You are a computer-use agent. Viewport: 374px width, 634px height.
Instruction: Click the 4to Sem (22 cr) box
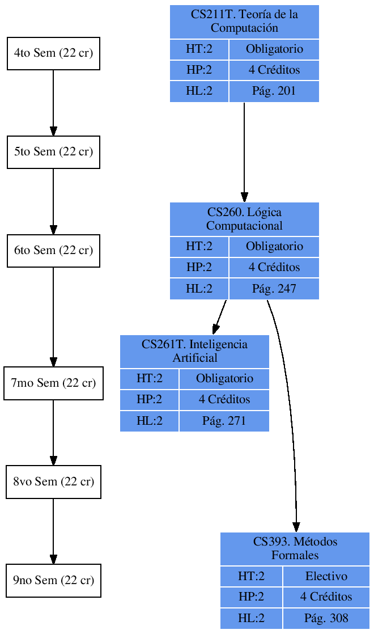tap(53, 53)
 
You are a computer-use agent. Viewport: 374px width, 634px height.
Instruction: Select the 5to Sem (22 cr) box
tap(53, 152)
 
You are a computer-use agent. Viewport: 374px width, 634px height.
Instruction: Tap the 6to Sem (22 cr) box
tap(53, 251)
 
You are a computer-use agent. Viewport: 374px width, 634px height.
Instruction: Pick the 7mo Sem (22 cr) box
tap(53, 383)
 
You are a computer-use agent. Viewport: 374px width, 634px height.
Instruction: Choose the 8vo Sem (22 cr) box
tap(53, 482)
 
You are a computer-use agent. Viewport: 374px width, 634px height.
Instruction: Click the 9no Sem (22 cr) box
tap(53, 581)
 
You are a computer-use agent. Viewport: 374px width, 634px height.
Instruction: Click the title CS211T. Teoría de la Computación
tap(244, 22)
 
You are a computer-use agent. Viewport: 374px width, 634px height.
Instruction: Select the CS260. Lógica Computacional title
tap(244, 219)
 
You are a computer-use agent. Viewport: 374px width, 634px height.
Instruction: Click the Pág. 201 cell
tap(274, 91)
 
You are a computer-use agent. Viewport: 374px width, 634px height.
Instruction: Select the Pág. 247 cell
tap(274, 289)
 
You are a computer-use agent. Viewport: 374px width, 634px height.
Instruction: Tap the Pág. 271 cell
tap(224, 421)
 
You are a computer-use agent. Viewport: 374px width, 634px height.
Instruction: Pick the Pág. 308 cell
tap(326, 618)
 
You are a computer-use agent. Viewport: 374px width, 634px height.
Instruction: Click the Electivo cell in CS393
tap(326, 577)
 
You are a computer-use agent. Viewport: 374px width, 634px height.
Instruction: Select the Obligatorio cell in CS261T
tap(224, 379)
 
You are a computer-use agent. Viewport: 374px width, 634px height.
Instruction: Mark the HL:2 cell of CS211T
tap(199, 91)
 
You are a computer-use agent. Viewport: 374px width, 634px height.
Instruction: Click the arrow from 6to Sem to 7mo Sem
tap(53, 316)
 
